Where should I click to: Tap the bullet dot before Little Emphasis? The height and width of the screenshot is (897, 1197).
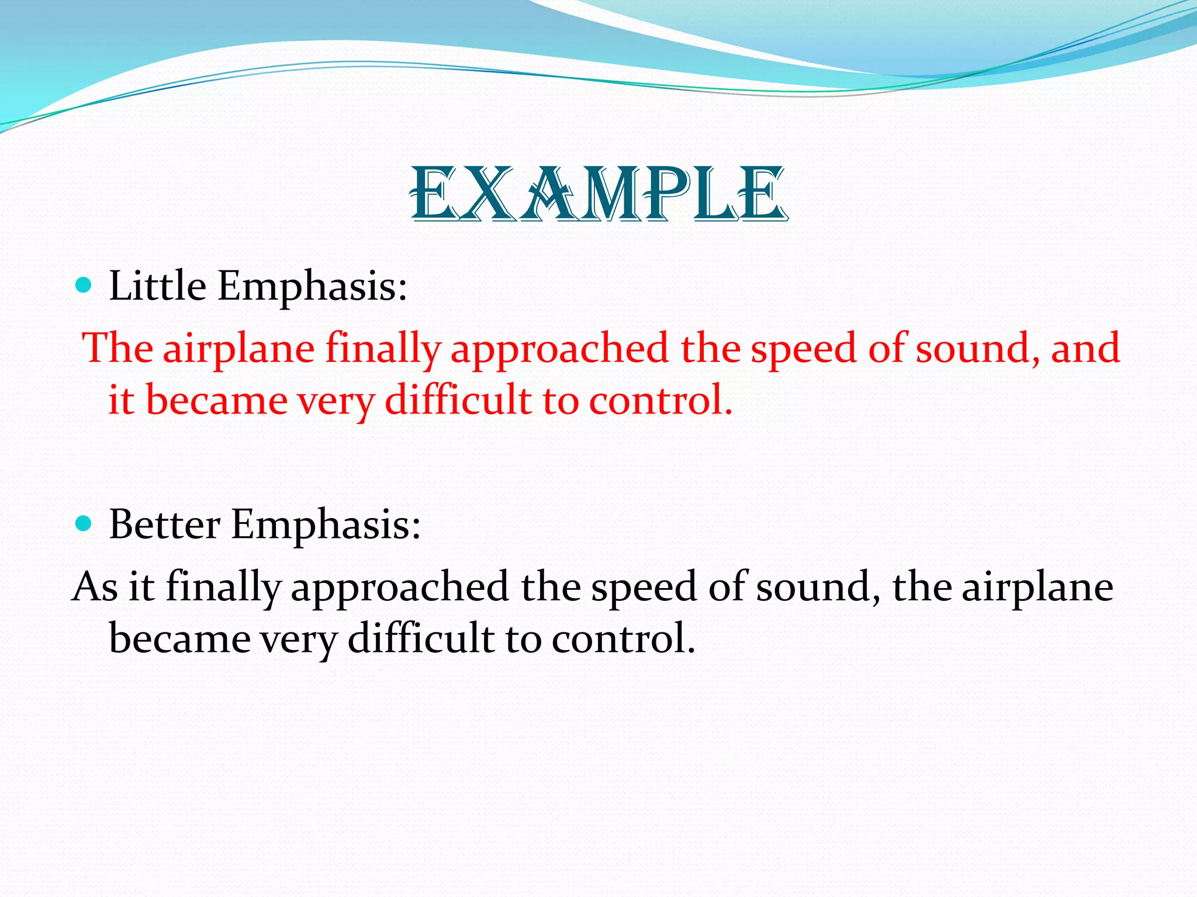tap(84, 286)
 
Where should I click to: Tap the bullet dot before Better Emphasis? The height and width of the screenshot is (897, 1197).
tap(84, 523)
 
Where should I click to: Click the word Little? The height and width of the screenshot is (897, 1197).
tap(158, 286)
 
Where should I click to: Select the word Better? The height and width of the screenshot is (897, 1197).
tap(164, 524)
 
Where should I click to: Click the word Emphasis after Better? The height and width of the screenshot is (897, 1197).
tap(326, 525)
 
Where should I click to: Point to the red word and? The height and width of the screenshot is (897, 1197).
tap(1085, 348)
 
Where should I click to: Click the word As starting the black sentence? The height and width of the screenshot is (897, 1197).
tap(95, 586)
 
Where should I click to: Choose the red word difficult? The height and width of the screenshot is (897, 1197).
tap(458, 401)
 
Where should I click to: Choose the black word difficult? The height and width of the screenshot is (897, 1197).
tap(421, 638)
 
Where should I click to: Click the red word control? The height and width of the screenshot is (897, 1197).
tap(660, 401)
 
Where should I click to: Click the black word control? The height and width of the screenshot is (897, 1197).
tap(623, 638)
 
